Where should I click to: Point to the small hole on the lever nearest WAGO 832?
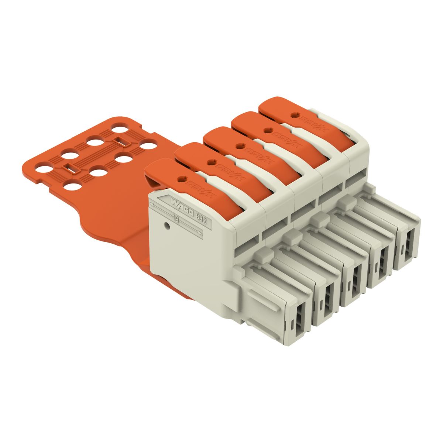[181, 179]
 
